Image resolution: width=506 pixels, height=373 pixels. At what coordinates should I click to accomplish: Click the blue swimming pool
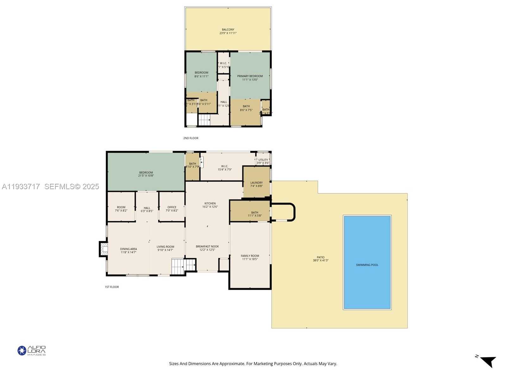coord(367,262)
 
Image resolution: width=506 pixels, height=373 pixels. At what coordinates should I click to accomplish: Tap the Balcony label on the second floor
coord(228,30)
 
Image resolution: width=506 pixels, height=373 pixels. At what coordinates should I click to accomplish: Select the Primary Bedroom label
coord(250,76)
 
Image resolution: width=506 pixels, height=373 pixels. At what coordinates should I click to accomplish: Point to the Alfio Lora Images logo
coord(31,351)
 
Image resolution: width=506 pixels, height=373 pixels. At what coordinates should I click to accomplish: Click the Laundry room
coord(256,183)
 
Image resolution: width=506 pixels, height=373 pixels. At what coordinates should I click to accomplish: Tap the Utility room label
coord(263,160)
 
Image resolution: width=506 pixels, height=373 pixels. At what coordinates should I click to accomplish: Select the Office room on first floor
coord(172,208)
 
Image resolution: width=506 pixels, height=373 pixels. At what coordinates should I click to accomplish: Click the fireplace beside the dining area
coord(103,249)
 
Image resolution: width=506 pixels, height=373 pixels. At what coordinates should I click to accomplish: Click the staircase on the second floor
coord(204,120)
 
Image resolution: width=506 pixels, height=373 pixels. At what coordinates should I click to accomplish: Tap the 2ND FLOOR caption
coord(191,138)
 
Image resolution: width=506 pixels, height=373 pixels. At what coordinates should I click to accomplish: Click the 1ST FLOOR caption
coord(112,287)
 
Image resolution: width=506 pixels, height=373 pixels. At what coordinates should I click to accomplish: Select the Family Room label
coord(250,256)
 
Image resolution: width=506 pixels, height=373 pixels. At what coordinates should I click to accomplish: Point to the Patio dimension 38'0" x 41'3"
coord(321,261)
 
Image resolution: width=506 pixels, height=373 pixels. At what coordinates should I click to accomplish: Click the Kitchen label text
coord(210,203)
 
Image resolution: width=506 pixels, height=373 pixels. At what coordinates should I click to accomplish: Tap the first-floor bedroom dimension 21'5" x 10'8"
coord(146,176)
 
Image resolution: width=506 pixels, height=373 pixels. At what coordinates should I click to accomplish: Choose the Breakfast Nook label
coord(207,246)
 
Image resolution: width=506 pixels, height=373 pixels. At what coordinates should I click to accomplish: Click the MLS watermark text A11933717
coord(21,187)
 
